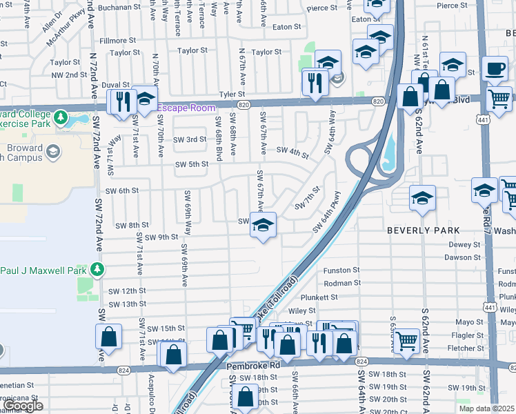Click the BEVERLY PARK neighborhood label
(422, 230)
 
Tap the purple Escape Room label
(186, 108)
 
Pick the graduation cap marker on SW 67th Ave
(262, 225)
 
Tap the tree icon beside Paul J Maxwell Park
(98, 268)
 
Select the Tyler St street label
(232, 95)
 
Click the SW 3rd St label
(190, 139)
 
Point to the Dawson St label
(462, 257)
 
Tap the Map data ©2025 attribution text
(487, 408)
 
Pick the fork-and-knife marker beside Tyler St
(315, 83)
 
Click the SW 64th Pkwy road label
(327, 213)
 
